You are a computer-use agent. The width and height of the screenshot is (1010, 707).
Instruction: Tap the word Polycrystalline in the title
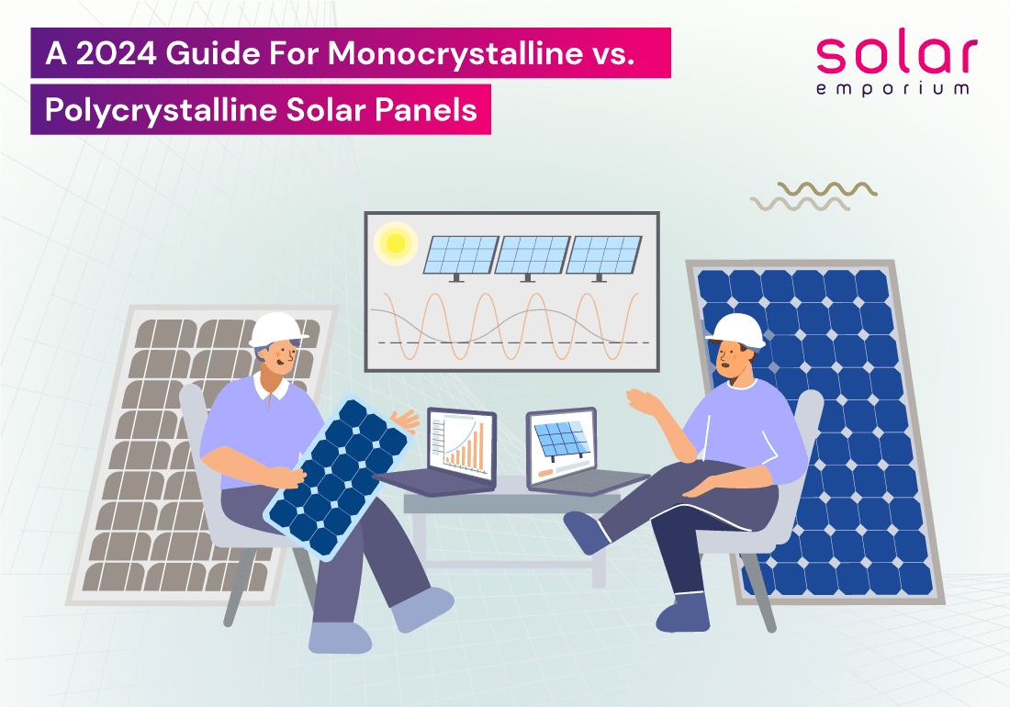click(161, 111)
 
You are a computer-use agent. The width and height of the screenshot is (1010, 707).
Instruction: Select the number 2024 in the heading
click(116, 53)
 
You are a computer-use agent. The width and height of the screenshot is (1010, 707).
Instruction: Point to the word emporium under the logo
click(892, 89)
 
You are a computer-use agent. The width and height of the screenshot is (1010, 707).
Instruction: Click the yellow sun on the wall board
click(395, 243)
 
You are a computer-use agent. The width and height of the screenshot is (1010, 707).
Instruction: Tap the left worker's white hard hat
click(277, 331)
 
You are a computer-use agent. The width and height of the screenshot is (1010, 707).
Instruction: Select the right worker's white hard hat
click(737, 331)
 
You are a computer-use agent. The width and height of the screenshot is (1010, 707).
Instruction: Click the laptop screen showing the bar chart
click(461, 445)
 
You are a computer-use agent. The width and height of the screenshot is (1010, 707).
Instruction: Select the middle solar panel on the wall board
click(532, 255)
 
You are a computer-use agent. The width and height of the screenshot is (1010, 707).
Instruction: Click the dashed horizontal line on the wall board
click(513, 342)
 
